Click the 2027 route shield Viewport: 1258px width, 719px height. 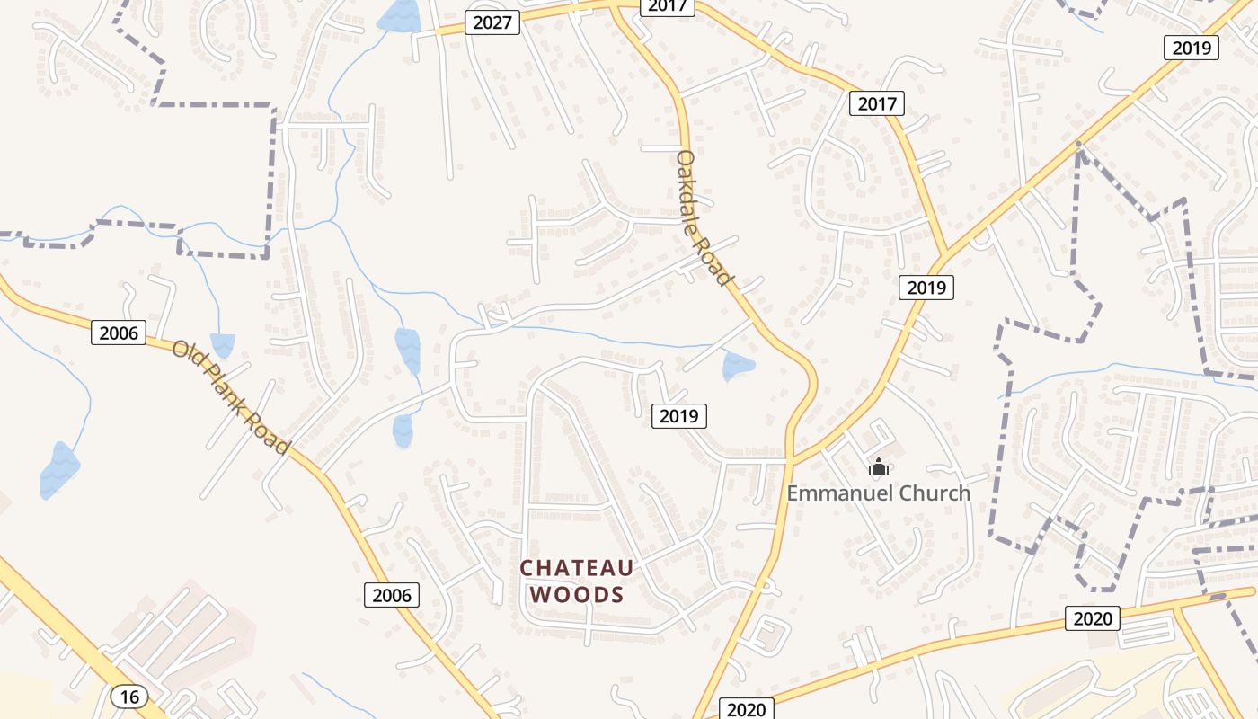point(492,22)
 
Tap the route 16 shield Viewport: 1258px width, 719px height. point(130,696)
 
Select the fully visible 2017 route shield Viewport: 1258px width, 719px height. point(876,103)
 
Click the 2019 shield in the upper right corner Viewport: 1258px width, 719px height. point(1192,48)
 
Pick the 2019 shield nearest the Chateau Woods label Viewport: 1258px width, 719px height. point(678,415)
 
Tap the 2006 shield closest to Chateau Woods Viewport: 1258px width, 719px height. point(392,594)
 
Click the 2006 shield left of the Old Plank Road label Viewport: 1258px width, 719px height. point(119,333)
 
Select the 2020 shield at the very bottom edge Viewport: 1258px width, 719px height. point(746,709)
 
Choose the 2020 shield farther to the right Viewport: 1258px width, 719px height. point(1093,617)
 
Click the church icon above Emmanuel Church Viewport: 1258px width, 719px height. point(878,466)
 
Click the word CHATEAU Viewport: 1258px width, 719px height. point(577,568)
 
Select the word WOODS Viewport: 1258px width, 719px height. point(577,594)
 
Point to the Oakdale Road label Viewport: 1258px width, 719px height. point(703,217)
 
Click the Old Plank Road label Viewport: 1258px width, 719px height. point(231,396)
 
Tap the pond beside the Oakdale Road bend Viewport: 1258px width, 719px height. point(738,365)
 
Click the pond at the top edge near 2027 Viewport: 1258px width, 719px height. point(400,15)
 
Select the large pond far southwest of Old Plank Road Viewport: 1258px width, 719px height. point(59,469)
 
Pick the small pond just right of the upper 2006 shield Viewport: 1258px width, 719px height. point(222,344)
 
